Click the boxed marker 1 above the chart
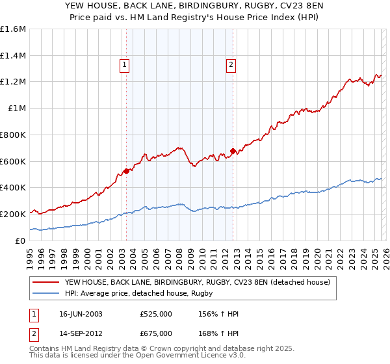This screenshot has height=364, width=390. (x=123, y=64)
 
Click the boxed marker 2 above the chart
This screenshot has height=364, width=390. (x=231, y=64)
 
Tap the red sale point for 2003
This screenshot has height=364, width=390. (x=126, y=171)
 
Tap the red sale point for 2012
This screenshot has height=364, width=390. (x=233, y=151)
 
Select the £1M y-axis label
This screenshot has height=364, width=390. (x=16, y=109)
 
